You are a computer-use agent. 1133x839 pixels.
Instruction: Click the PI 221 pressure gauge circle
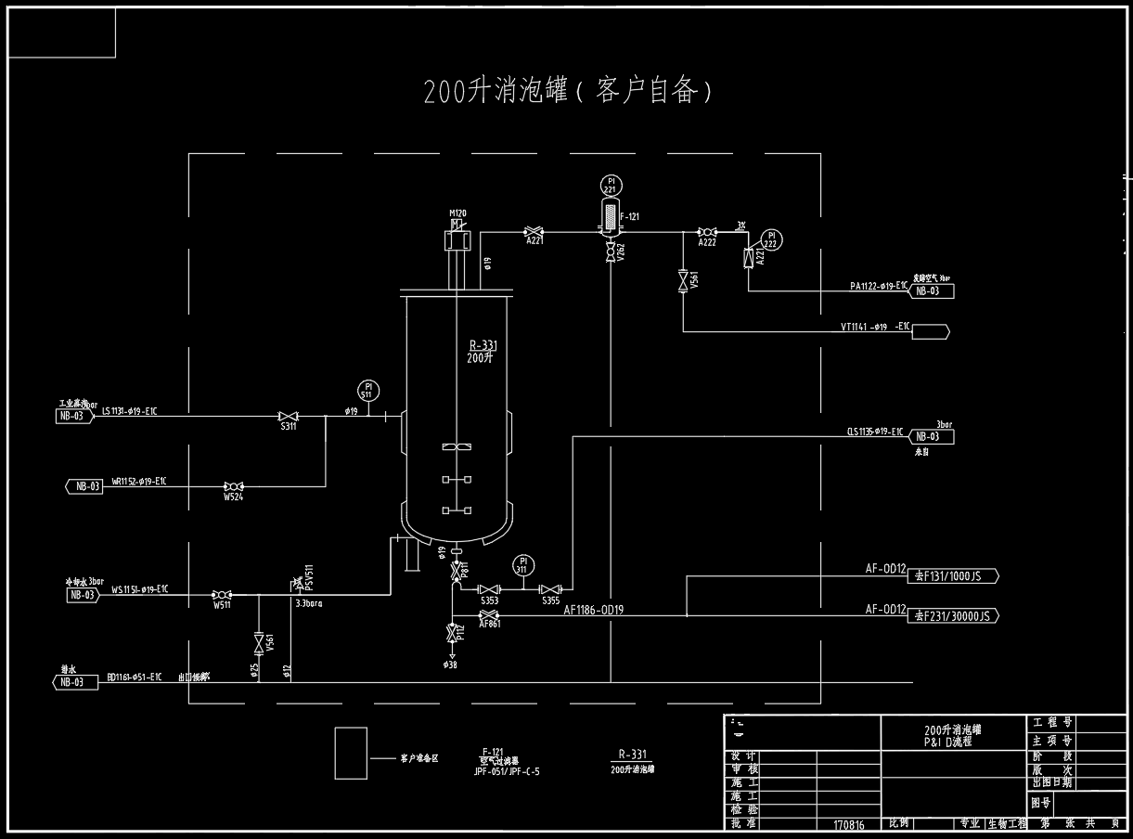tap(610, 185)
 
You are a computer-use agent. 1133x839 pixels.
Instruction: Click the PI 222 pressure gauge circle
tap(770, 240)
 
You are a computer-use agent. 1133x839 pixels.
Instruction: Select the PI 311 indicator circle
tap(523, 565)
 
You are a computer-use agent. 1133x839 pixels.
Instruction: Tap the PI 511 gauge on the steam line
tap(367, 389)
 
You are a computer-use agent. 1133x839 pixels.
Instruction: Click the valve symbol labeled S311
tap(288, 416)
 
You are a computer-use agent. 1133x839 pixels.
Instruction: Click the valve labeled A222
tap(706, 231)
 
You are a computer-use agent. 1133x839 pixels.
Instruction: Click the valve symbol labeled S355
tap(551, 589)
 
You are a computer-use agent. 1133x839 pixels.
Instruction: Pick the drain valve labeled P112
tap(451, 634)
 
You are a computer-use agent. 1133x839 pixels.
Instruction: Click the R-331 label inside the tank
tap(483, 345)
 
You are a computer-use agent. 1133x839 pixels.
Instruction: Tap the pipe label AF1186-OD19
tap(593, 611)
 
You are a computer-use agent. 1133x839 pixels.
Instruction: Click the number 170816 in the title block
tap(848, 824)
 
